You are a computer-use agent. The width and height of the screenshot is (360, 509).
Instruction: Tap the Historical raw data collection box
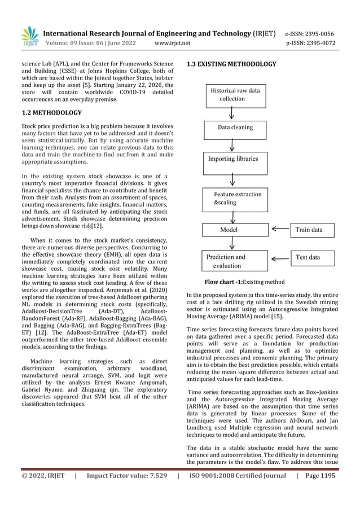[x=235, y=94]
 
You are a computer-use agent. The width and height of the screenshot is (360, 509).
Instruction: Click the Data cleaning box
[x=235, y=128]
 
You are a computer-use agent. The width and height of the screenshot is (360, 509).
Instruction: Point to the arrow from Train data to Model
[x=278, y=230]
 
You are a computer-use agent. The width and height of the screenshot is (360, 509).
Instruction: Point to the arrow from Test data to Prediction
[x=278, y=259]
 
